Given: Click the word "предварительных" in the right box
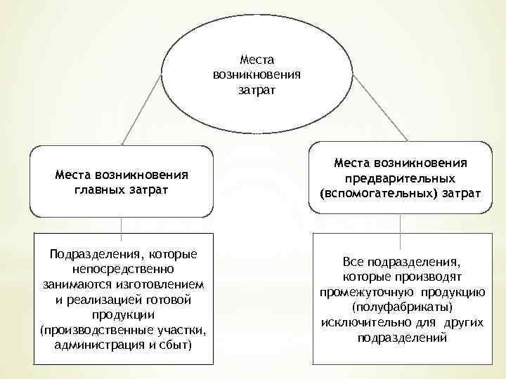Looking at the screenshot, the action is click(400, 178).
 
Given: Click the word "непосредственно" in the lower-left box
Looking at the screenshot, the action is click(122, 269).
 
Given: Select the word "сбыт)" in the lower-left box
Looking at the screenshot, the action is click(174, 345).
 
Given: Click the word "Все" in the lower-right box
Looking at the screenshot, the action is click(354, 262).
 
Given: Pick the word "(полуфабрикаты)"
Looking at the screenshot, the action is click(401, 307).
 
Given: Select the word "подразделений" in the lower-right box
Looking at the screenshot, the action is click(401, 338).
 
